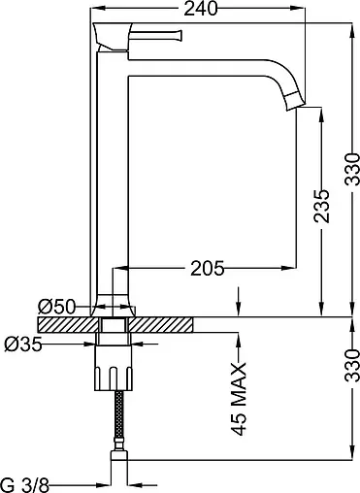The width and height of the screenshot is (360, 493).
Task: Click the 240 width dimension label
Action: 201,9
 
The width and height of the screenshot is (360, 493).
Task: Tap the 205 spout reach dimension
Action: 207,268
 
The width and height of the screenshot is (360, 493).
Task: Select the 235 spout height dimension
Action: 322,206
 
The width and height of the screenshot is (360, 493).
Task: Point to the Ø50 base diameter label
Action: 56,307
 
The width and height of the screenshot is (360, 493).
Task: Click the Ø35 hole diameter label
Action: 23,345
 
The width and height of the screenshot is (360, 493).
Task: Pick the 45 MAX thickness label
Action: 239,399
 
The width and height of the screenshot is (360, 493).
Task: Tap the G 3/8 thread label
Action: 25,485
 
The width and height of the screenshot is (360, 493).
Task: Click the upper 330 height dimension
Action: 352,169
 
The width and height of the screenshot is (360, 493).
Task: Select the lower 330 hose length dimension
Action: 352,365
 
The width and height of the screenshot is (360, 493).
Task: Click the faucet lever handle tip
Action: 179,35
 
